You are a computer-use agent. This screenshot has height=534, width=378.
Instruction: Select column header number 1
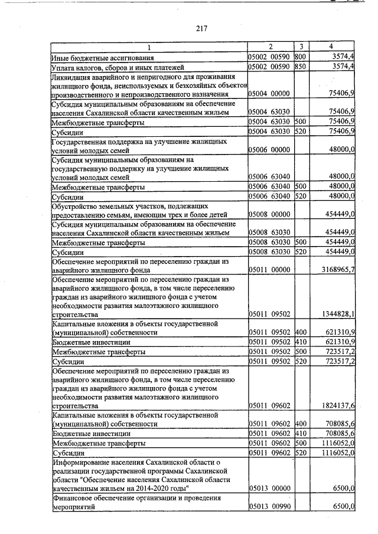coord(149,47)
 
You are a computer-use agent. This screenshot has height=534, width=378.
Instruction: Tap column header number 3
coord(301,47)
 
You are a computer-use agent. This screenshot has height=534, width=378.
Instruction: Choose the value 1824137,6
coord(334,406)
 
